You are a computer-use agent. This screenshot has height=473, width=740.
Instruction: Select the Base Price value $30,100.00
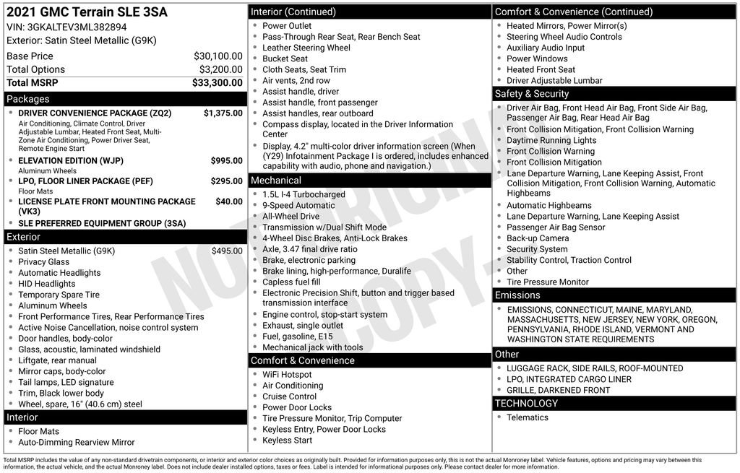click(218, 56)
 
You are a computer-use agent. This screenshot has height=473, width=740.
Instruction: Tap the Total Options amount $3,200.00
click(220, 69)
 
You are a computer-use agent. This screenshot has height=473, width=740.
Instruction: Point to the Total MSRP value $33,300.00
click(217, 83)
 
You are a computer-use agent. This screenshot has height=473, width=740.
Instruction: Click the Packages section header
click(28, 99)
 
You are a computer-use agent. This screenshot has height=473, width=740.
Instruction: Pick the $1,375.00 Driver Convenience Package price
click(223, 113)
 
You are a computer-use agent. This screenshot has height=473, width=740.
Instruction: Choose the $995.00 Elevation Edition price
click(226, 161)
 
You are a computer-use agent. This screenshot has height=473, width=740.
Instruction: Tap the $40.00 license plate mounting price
click(229, 201)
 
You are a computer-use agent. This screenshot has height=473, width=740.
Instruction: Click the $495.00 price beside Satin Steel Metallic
click(227, 251)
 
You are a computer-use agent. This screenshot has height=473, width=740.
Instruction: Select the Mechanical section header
click(276, 181)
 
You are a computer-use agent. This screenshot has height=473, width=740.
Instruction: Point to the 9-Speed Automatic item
click(298, 206)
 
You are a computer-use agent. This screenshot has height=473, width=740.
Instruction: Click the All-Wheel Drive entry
click(291, 217)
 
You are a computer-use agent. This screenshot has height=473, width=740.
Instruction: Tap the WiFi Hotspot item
click(287, 375)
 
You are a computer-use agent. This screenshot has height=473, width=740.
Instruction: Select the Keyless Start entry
click(287, 441)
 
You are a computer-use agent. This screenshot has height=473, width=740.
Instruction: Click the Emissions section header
click(517, 295)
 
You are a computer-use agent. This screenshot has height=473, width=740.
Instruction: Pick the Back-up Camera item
click(538, 238)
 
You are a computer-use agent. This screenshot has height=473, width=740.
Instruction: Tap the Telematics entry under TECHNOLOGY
click(528, 417)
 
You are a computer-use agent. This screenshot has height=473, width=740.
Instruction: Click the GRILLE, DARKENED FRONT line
click(558, 391)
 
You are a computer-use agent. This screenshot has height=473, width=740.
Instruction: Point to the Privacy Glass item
click(44, 262)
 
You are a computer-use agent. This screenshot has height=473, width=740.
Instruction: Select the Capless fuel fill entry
click(291, 282)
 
